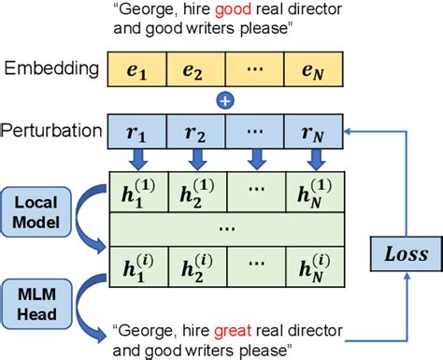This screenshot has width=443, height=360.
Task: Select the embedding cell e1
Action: click(137, 67)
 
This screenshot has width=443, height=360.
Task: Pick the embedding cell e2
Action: click(194, 67)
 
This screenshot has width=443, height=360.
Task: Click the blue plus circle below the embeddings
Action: click(222, 99)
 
